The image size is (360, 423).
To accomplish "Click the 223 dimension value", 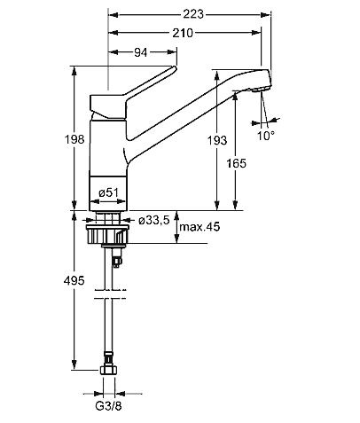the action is pos(193,14).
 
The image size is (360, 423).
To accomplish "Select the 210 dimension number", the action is pos(183,33).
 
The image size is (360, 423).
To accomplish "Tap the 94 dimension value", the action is pos(140,52).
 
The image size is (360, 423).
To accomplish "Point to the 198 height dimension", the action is pos(74,139).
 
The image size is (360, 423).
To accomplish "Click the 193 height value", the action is pos(217,140).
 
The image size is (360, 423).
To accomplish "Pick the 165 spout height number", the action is pos(236,163).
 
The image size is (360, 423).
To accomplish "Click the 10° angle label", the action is pos(266,136).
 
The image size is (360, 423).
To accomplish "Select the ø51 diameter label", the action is pos(108,192).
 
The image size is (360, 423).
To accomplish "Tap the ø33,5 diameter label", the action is pos(154,220).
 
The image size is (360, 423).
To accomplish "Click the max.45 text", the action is pos(200,227).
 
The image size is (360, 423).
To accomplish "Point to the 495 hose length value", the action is pos(74,280).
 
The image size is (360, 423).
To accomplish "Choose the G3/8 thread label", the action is pos(108,406).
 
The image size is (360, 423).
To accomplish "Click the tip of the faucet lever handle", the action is pos(174,67).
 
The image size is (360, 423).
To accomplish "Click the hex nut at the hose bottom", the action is pos(108,371).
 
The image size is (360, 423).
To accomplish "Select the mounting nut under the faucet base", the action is pos(107,234).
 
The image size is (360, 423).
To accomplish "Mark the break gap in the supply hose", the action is pos(108,294).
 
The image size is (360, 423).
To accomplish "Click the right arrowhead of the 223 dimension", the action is pos(266,14).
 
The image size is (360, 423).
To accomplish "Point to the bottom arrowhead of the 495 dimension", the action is pos(74,364).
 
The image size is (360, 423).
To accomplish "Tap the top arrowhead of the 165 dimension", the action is pos(236,97).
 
